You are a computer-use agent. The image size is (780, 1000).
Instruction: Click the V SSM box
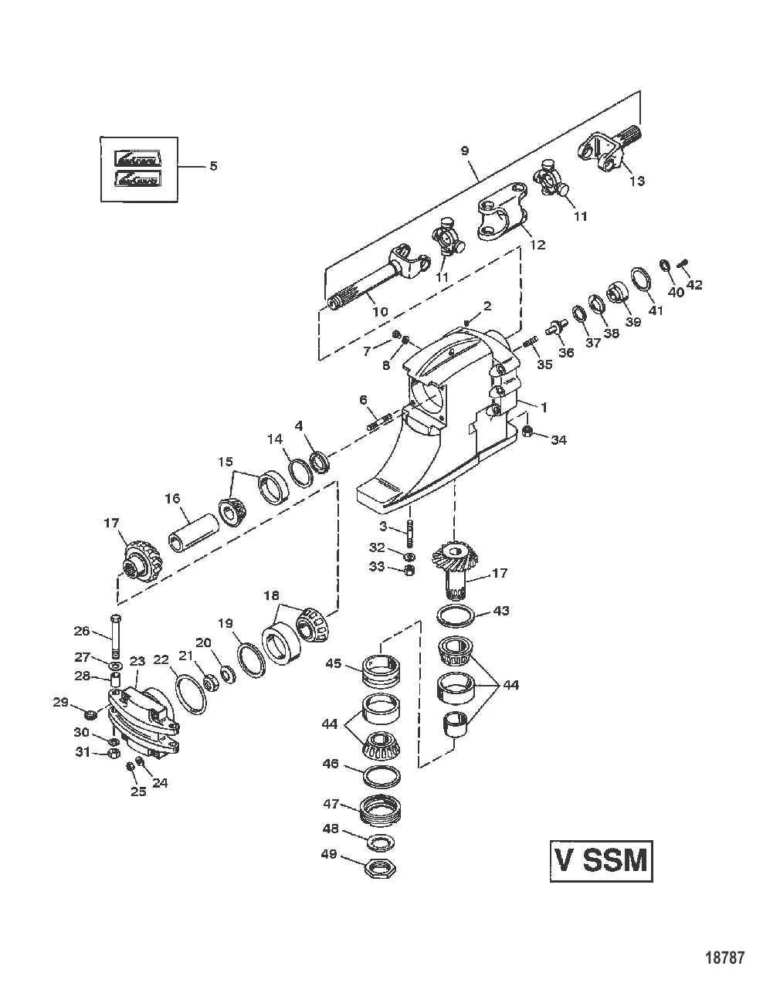click(x=601, y=860)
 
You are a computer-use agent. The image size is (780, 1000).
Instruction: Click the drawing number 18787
click(x=725, y=958)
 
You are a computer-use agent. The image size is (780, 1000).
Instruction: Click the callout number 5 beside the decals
click(x=214, y=166)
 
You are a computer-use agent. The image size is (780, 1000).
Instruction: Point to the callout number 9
click(x=465, y=151)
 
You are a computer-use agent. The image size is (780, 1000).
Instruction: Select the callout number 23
click(x=137, y=661)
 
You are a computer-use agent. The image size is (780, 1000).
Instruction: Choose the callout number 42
click(x=694, y=284)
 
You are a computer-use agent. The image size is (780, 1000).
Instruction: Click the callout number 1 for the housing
click(x=543, y=405)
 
